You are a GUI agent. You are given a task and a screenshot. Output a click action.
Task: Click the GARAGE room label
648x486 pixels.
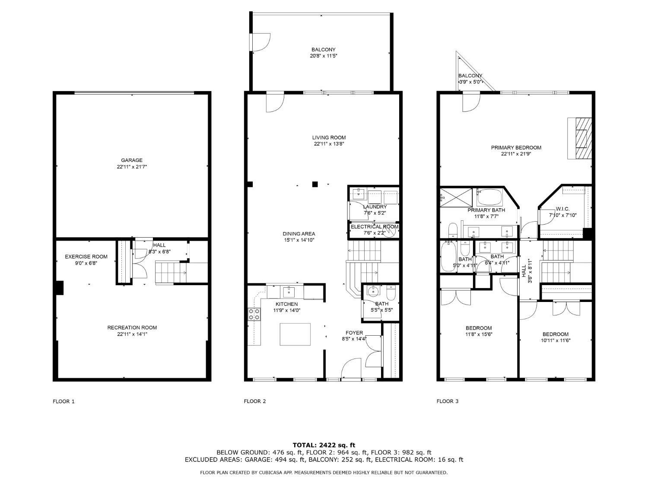pyautogui.click(x=132, y=160)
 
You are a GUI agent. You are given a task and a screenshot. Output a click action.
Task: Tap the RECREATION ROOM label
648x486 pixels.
pyautogui.click(x=132, y=327)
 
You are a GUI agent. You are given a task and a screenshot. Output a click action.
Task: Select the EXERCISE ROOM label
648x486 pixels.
pyautogui.click(x=86, y=257)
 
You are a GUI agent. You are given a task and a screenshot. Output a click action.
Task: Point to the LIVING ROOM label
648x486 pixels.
pyautogui.click(x=329, y=137)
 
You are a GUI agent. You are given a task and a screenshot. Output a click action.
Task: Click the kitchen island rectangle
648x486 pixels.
pyautogui.click(x=295, y=334)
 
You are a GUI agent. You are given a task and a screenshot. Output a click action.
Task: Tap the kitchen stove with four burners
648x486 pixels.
pyautogui.click(x=254, y=314)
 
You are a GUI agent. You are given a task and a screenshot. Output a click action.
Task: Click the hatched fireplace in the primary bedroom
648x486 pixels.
pyautogui.click(x=580, y=138)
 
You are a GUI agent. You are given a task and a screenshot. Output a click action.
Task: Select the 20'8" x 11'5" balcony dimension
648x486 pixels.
pyautogui.click(x=324, y=56)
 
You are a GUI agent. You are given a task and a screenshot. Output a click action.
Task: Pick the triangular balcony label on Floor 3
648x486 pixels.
pyautogui.click(x=470, y=76)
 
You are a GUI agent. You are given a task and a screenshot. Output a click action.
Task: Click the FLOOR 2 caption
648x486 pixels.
pyautogui.click(x=255, y=401)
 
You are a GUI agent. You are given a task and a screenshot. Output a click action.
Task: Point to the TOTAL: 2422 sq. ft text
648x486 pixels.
pyautogui.click(x=324, y=445)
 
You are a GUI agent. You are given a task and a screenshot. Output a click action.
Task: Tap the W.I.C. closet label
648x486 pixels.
pyautogui.click(x=562, y=209)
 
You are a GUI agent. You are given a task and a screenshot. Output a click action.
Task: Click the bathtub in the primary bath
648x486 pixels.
pyautogui.click(x=489, y=197)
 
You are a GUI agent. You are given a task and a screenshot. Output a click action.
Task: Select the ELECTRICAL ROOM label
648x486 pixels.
pyautogui.click(x=375, y=227)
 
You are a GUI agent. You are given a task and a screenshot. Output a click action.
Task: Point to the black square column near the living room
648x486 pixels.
pyautogui.click(x=315, y=184)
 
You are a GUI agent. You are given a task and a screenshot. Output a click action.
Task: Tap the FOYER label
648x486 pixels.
pyautogui.click(x=354, y=333)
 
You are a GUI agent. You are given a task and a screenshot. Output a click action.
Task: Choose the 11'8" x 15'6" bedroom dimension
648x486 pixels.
pyautogui.click(x=479, y=334)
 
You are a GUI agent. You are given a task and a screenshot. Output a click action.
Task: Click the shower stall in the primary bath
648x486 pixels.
pyautogui.click(x=456, y=197)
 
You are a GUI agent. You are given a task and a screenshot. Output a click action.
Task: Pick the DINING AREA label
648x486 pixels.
pyautogui.click(x=299, y=234)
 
